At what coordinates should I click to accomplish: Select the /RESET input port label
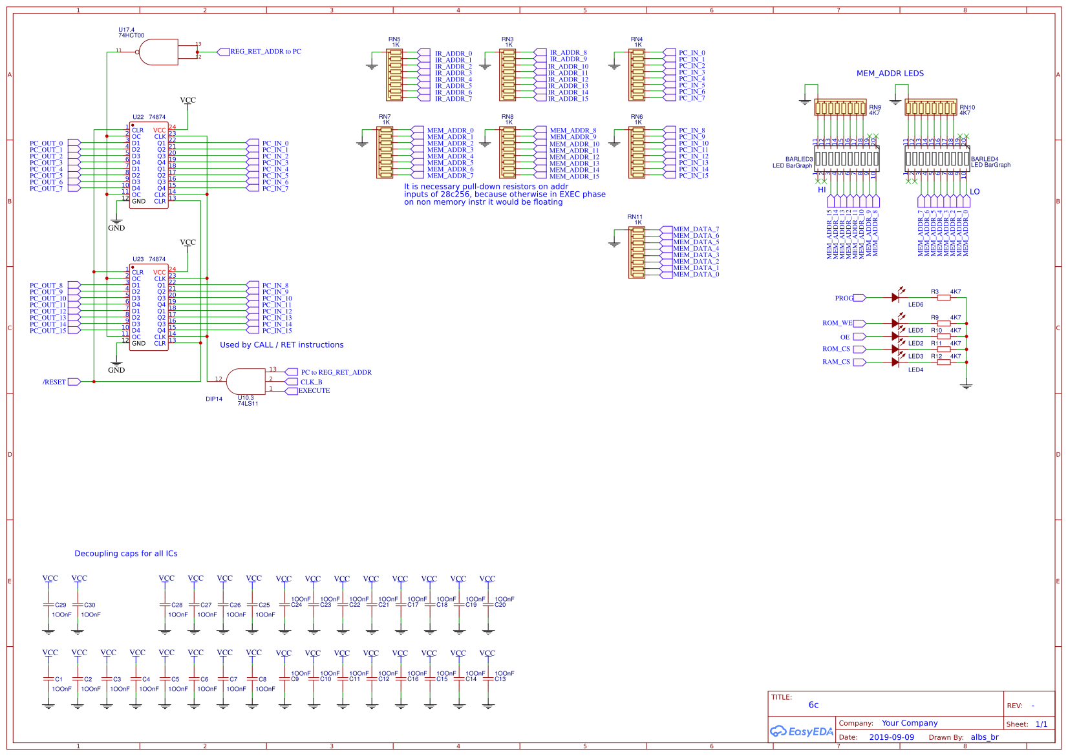54,382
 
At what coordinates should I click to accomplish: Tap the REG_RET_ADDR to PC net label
265,52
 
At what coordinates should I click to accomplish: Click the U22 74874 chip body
149,165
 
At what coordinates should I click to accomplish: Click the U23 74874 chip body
149,308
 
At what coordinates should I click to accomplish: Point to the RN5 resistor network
394,76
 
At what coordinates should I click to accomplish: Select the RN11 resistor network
636,252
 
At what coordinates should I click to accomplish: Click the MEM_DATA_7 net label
696,229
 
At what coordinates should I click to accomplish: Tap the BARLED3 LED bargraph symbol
846,158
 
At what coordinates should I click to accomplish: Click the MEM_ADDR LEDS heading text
890,74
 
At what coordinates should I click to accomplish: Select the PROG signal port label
844,298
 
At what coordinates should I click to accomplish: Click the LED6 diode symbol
895,297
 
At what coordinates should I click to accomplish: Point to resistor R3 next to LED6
944,297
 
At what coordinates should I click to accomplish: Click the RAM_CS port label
836,362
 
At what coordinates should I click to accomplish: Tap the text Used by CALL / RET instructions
281,345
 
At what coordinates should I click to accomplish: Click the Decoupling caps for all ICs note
125,554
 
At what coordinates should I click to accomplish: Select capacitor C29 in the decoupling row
48,605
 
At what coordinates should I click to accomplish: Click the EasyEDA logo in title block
801,731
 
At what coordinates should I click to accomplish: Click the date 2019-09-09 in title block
891,737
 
